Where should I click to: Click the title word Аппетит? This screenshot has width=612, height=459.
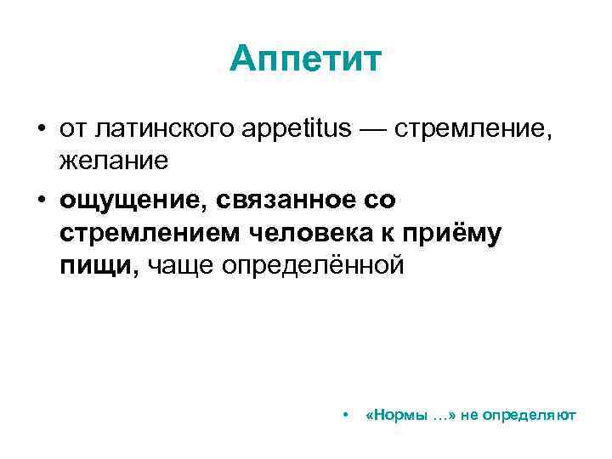point(306,60)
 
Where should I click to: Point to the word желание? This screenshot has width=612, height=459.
point(115,159)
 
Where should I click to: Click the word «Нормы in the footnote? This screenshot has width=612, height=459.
point(394,416)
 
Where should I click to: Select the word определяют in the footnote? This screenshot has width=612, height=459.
point(540,416)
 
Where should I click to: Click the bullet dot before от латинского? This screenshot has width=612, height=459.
point(40,128)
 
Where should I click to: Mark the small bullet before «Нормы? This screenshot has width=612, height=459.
point(344,416)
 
